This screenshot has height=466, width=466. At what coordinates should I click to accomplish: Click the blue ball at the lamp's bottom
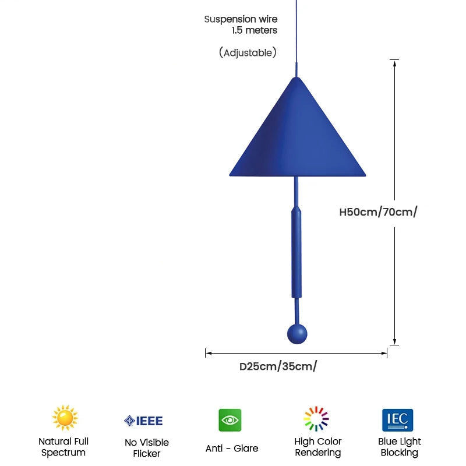tap(297, 334)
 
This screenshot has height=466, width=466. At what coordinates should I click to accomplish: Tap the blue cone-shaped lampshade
tap(297, 134)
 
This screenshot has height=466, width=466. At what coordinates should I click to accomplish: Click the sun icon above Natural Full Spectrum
tap(65, 418)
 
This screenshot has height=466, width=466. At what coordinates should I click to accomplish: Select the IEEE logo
tap(143, 421)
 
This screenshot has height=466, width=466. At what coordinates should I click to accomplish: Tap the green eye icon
tap(230, 420)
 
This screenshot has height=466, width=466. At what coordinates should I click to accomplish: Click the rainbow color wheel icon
tap(316, 418)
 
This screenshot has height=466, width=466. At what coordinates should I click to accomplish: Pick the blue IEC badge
tap(398, 420)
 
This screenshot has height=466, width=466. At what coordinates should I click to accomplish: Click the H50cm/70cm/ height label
tap(378, 212)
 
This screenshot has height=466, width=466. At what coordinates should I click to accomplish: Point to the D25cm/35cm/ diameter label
tap(278, 366)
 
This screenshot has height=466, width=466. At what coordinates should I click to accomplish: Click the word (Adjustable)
tap(248, 52)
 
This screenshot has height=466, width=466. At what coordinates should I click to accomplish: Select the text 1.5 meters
tap(255, 30)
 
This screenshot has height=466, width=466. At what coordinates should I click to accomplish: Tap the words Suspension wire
tap(241, 19)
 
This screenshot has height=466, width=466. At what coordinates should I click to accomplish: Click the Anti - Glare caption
tap(232, 448)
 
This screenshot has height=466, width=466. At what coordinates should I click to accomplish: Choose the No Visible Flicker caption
tap(147, 448)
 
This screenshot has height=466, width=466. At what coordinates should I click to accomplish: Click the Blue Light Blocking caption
tap(400, 447)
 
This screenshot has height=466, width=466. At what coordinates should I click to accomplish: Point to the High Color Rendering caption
tap(318, 447)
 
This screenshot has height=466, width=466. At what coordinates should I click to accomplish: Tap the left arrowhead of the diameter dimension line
tap(209, 353)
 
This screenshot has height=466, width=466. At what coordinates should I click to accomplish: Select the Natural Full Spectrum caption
tap(63, 447)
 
